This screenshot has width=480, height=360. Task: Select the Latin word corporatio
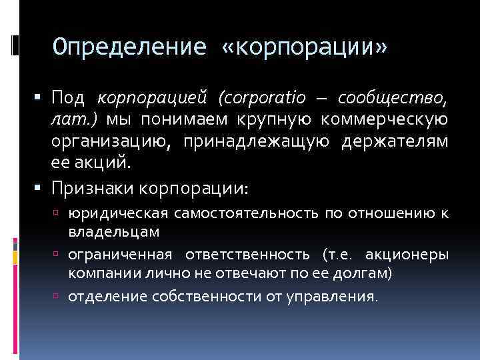click(x=262, y=99)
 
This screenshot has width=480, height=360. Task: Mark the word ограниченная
click(x=120, y=255)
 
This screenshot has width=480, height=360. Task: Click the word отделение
click(x=100, y=296)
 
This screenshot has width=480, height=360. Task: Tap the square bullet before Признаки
click(x=41, y=189)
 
